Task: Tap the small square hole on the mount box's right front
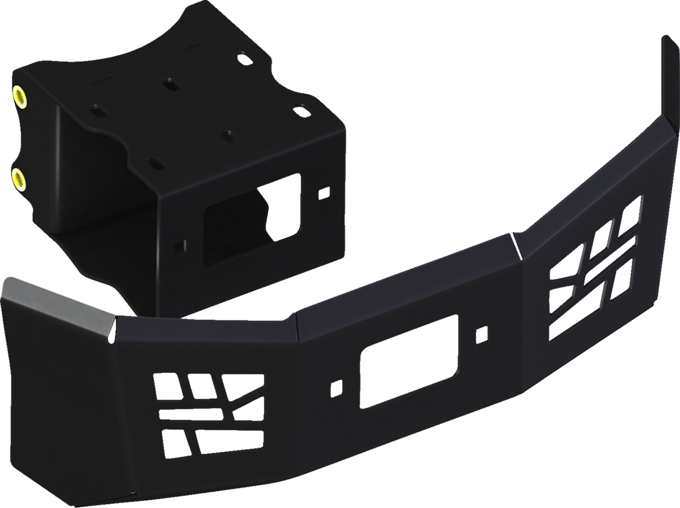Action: [x=324, y=195]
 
